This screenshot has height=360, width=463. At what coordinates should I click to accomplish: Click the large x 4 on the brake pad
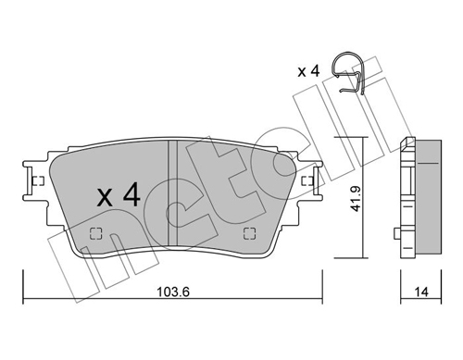point(119,195)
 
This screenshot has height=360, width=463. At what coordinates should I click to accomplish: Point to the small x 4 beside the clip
point(308,71)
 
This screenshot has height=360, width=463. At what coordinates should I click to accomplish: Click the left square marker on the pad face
point(94,233)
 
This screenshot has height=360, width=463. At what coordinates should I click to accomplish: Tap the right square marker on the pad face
point(246,233)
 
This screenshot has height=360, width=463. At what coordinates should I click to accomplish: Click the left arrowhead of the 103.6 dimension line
point(27,298)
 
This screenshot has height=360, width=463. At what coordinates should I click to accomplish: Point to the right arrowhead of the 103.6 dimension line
point(319,298)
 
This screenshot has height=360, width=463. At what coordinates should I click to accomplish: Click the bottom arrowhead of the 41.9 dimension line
point(362,257)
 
